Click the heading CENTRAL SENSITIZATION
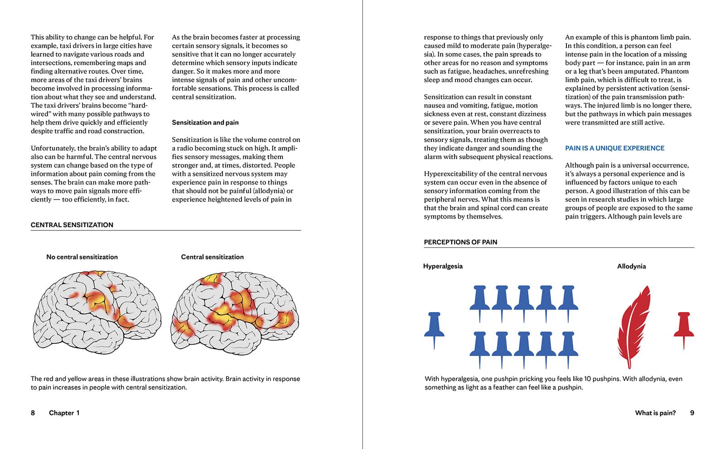click(x=72, y=225)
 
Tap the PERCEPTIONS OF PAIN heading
click(x=460, y=242)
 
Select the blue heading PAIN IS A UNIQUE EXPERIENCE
click(x=614, y=148)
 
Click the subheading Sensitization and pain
click(x=205, y=122)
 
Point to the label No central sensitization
click(x=82, y=257)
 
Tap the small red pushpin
click(x=683, y=328)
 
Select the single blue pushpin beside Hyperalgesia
click(x=434, y=329)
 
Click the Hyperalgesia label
click(x=443, y=266)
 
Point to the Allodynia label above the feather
click(x=631, y=266)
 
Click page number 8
click(x=33, y=413)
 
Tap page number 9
click(x=692, y=413)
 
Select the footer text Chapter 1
click(x=64, y=413)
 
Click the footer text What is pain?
click(x=655, y=413)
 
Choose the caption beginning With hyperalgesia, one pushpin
click(x=553, y=383)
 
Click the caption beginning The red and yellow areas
click(x=165, y=383)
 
